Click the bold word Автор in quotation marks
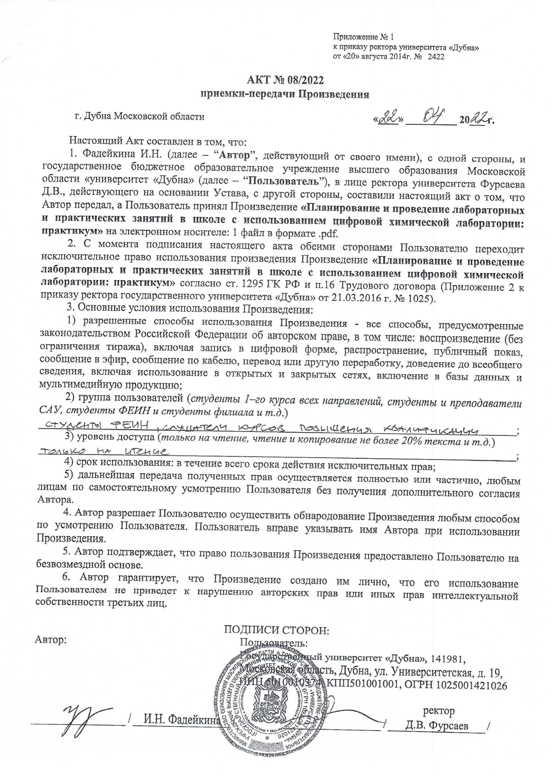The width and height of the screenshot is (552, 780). click(x=233, y=155)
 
